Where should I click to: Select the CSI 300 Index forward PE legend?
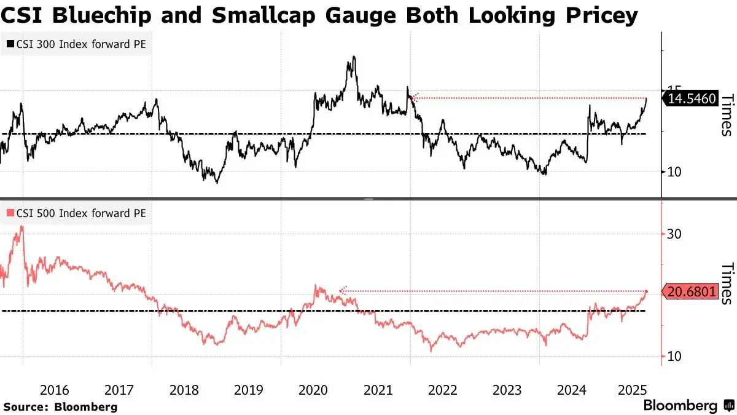[x=77, y=44]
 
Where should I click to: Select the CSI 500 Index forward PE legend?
[x=77, y=213]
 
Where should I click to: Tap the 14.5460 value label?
[x=692, y=98]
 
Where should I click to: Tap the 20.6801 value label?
[x=692, y=292]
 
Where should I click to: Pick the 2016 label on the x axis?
[x=55, y=390]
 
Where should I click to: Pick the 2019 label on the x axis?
[x=249, y=390]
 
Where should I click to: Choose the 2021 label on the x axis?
[x=378, y=390]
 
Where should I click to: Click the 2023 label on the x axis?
[x=507, y=390]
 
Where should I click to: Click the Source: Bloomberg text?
[x=60, y=406]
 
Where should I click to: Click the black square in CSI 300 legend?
[x=10, y=44]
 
